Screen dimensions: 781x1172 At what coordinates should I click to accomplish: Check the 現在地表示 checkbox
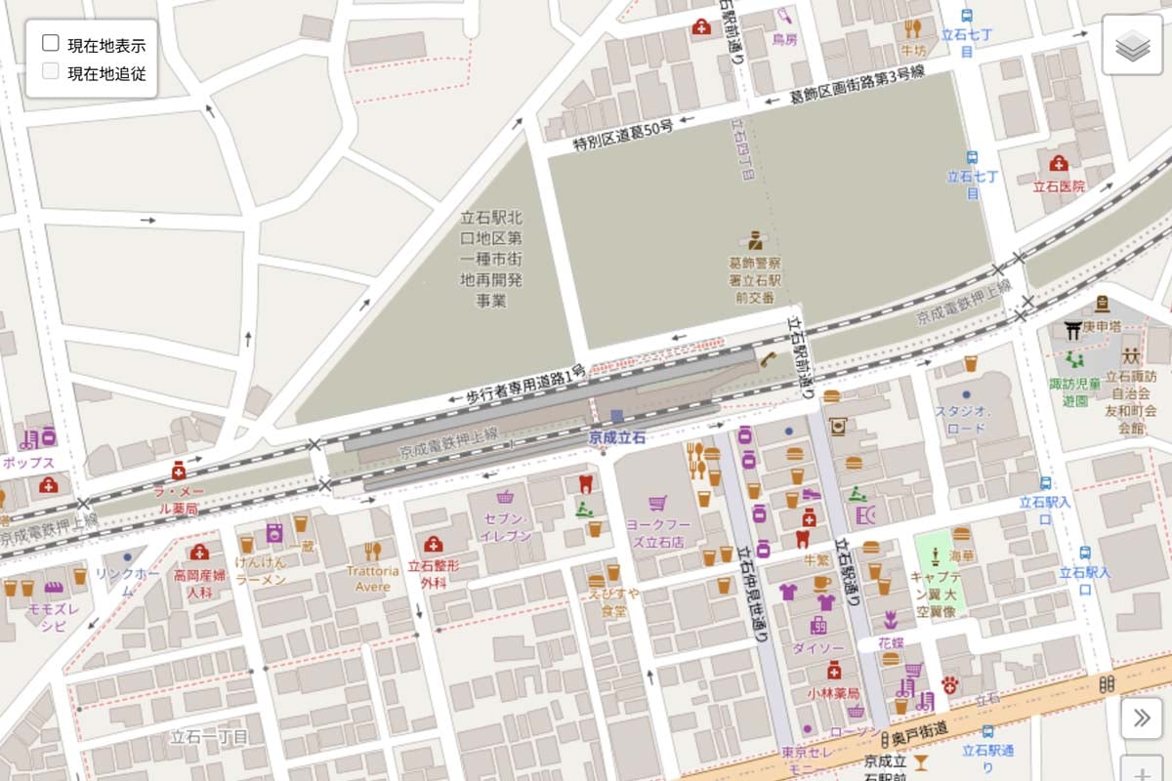(x=51, y=44)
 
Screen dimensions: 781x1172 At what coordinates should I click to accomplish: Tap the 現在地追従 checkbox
(x=51, y=71)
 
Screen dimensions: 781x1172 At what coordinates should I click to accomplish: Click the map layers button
(x=1132, y=45)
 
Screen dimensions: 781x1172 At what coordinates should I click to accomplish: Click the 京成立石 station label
(x=616, y=438)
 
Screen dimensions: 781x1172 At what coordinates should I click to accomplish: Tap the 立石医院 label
(x=1059, y=185)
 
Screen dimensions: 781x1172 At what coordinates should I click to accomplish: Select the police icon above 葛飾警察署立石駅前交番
(x=753, y=240)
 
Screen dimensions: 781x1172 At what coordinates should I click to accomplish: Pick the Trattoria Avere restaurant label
(x=372, y=578)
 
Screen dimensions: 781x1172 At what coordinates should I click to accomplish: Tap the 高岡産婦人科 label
(x=199, y=584)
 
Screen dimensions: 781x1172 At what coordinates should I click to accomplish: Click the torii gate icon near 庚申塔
(x=1073, y=331)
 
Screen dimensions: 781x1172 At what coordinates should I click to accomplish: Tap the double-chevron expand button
(x=1141, y=719)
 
